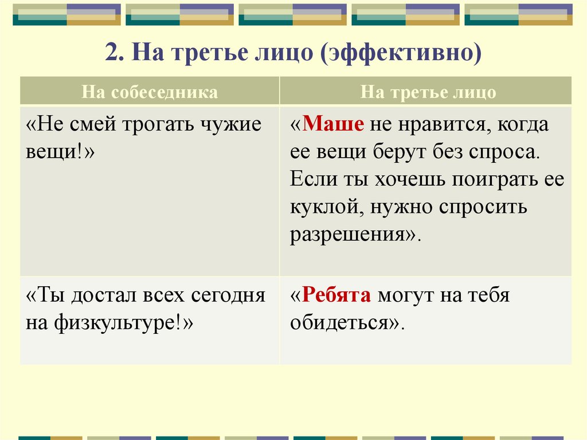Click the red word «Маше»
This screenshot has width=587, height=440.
tap(334, 124)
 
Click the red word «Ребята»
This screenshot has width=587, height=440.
tap(339, 296)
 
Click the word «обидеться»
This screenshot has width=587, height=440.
tap(341, 323)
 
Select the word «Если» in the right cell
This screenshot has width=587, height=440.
tap(312, 180)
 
